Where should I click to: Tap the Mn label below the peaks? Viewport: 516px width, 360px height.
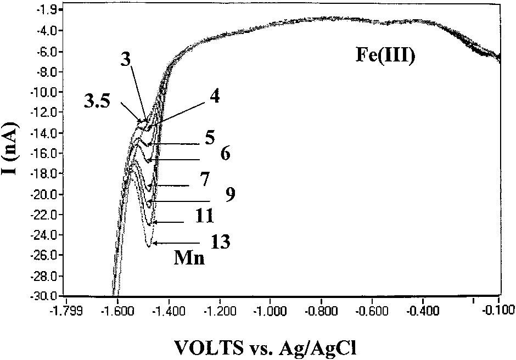(x=189, y=258)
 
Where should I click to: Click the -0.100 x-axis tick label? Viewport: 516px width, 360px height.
(x=498, y=310)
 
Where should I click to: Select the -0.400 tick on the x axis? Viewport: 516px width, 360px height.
(x=423, y=310)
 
